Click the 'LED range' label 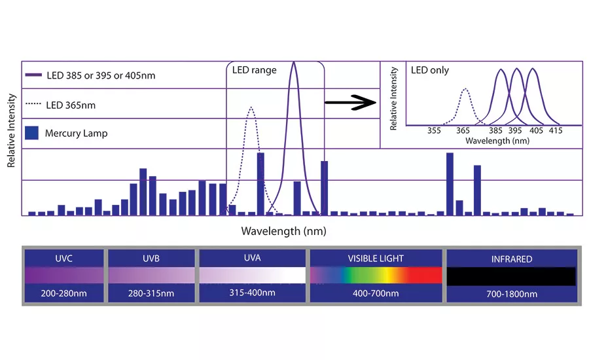point(254,70)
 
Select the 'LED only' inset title point(430,70)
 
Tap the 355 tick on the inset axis point(434,131)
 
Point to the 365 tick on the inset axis point(464,131)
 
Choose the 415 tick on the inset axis point(555,131)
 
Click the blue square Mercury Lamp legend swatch point(31,133)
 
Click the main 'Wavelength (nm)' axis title point(283,230)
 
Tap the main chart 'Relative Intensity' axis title point(12,130)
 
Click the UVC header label point(64,259)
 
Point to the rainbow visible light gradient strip point(376,275)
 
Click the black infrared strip point(511,276)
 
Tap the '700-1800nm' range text point(511,294)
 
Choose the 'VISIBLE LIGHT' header point(376,259)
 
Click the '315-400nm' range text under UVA point(252,293)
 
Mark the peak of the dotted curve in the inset point(465,89)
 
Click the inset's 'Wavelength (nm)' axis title point(497,141)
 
